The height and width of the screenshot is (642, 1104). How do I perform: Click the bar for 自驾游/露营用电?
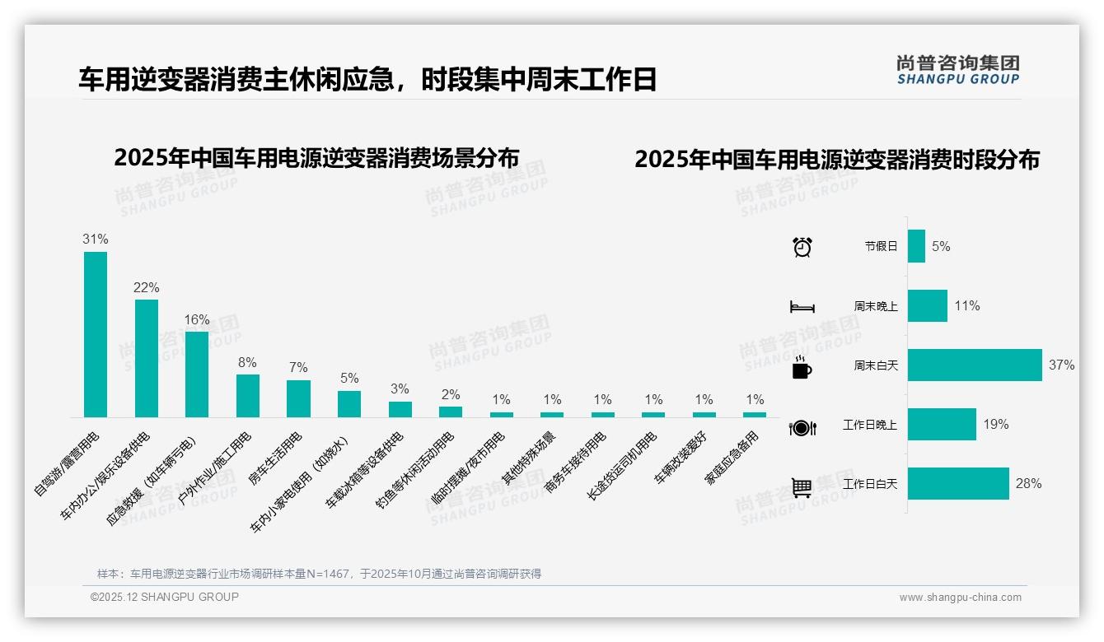(96, 334)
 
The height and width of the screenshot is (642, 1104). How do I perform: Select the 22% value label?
(146, 288)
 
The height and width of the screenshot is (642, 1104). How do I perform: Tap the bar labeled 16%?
(197, 374)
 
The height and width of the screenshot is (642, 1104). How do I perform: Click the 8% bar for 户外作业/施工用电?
(248, 396)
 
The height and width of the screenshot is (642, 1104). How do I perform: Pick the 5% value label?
(349, 379)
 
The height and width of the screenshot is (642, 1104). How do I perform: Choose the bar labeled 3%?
(400, 409)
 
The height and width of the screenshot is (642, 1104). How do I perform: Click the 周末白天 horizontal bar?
(975, 365)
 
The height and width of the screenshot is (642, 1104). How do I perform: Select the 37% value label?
(1061, 365)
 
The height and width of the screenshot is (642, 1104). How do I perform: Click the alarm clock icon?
(802, 246)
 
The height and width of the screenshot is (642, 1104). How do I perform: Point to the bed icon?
(802, 307)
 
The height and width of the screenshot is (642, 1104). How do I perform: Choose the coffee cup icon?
(802, 367)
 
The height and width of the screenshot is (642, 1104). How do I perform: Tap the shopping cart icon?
(802, 487)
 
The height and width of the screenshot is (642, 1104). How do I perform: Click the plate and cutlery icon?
(802, 427)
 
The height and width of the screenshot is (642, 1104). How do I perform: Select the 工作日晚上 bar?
(942, 425)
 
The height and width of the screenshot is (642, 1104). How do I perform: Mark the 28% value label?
(1028, 484)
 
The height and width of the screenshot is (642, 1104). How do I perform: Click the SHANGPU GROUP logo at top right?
(957, 70)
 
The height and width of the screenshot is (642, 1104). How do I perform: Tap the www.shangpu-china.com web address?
(960, 598)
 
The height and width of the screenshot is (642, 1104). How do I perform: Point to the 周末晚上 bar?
(928, 306)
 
